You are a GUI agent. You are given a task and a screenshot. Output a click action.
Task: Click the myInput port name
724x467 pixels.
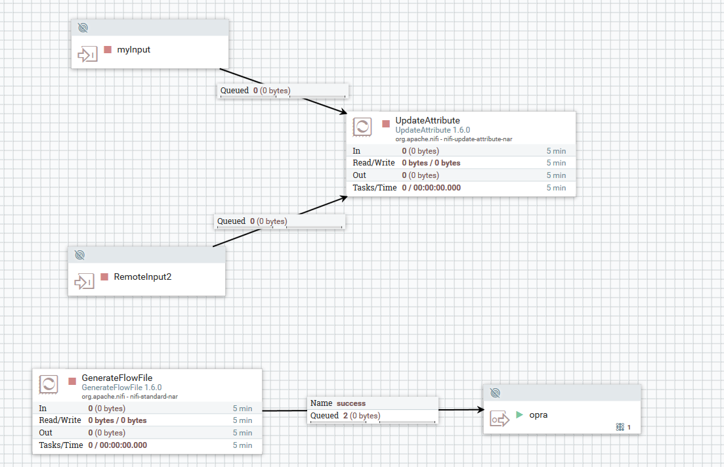point(133,49)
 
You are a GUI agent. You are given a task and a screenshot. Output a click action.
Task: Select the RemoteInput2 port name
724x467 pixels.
point(142,277)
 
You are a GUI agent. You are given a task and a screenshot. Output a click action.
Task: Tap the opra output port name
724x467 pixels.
point(538,414)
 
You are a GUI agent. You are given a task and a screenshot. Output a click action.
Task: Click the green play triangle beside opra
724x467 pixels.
point(519,414)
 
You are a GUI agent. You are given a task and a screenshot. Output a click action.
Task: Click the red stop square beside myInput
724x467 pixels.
point(108,49)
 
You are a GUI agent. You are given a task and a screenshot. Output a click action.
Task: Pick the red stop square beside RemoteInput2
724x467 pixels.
point(104,277)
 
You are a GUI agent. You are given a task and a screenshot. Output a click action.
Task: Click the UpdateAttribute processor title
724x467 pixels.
point(427,120)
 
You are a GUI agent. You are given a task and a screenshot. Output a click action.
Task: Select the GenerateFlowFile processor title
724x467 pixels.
point(117,378)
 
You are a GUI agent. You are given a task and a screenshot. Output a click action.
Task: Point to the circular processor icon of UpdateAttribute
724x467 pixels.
point(362,127)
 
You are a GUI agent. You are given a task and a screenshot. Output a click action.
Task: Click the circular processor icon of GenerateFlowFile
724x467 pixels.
point(49,384)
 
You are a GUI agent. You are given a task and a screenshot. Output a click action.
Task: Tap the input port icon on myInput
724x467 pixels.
point(87,55)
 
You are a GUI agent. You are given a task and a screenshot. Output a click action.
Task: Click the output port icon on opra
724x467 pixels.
point(500,419)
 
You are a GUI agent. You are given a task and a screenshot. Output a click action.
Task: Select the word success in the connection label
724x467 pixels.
point(351,403)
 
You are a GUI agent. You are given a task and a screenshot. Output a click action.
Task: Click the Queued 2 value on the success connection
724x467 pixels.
point(345,416)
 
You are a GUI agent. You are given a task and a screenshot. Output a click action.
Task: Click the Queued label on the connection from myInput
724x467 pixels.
point(234,91)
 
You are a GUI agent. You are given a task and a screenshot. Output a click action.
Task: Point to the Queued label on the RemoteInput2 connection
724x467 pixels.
point(231,221)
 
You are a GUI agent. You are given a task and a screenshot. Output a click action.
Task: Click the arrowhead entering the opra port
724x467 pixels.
point(478,411)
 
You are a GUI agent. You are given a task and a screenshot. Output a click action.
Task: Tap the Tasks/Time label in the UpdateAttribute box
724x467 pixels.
point(375,188)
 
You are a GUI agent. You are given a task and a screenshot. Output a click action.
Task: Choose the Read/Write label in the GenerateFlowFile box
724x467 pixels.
point(60,420)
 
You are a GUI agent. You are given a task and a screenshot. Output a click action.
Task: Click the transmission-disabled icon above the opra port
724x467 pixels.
point(496,393)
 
